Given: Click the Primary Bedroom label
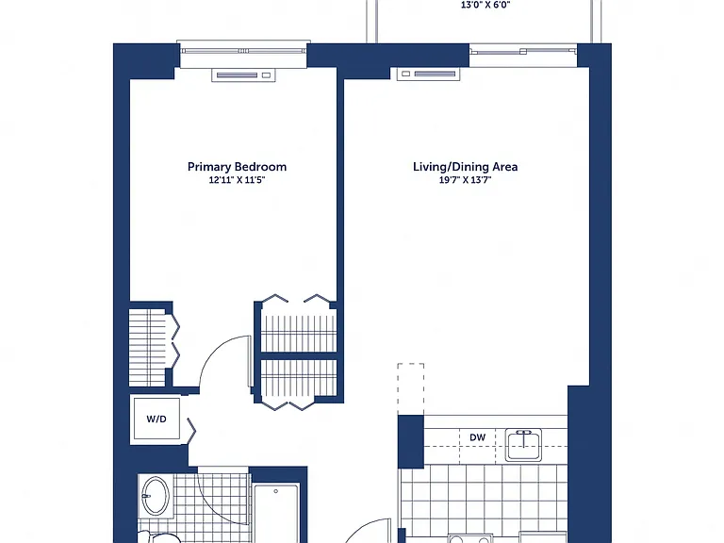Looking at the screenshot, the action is click(237, 167).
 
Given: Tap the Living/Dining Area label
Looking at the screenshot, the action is click(465, 167).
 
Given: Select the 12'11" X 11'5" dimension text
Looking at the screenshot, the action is click(237, 180).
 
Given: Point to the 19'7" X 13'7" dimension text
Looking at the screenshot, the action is click(465, 180).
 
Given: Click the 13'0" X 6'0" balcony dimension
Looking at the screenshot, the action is click(485, 5).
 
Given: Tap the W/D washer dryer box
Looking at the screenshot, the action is click(156, 420).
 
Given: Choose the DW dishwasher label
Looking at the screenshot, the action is click(477, 436).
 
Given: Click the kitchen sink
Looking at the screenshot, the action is click(523, 445).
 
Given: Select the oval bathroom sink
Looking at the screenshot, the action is click(156, 496).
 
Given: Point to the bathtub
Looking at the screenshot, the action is click(276, 513).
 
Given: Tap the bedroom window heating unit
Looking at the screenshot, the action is click(243, 74).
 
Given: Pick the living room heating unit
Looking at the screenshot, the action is click(429, 74).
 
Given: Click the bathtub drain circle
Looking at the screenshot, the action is click(275, 491).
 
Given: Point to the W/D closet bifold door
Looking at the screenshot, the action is click(191, 431).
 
